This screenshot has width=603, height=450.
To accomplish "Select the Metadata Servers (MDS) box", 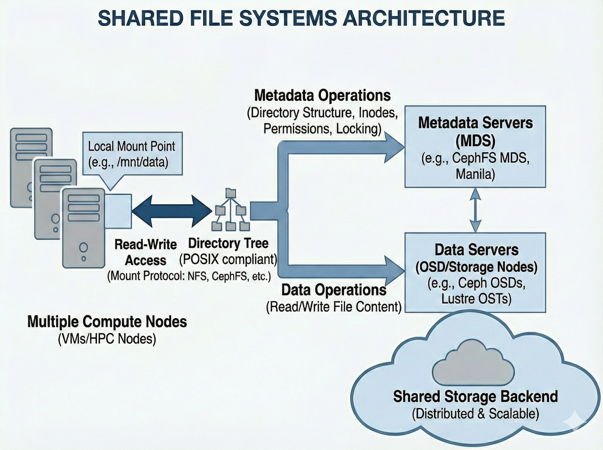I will click(475, 147).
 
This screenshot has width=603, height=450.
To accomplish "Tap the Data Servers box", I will click(475, 272).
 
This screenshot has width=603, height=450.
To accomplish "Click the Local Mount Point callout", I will click(132, 154).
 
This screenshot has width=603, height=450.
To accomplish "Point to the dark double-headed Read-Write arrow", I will click(172, 211).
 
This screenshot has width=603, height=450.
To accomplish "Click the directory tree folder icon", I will click(230, 210).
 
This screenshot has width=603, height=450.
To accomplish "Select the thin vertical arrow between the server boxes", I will click(475, 210).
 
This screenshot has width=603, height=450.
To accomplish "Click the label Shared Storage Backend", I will click(475, 397).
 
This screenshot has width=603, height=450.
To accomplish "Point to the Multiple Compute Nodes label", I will click(107, 322).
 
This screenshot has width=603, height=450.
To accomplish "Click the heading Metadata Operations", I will click(322, 96).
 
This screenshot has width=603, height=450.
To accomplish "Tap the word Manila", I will click(475, 174).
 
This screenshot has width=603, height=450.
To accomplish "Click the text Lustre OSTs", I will click(476, 299).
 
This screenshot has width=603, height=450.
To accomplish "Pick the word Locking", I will click(359, 129).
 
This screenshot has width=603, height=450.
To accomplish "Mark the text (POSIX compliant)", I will click(228, 259).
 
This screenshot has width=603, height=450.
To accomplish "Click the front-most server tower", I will click(84, 228).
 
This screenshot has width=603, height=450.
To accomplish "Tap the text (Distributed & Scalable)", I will click(475, 414).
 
